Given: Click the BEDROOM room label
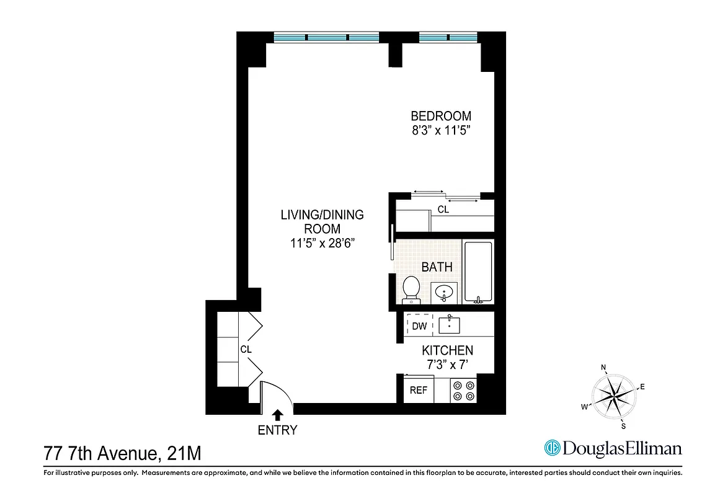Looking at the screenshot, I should (441, 116).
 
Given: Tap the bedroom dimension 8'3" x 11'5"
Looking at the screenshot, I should (441, 131).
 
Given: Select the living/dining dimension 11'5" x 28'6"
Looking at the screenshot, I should (322, 244).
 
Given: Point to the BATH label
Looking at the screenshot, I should (437, 267).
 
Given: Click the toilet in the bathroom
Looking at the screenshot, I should (411, 290).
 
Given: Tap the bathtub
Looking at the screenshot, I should (478, 272).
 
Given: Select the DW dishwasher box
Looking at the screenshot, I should (419, 325).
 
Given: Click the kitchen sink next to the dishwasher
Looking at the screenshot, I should (449, 324).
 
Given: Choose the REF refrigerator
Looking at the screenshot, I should (419, 391).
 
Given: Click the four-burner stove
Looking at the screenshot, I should (463, 389).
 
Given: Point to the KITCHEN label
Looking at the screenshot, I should (447, 351).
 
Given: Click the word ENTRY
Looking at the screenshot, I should (278, 430).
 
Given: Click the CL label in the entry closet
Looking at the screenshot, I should (246, 350).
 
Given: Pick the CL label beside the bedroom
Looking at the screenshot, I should (443, 210).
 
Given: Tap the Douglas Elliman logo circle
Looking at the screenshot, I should (551, 448).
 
